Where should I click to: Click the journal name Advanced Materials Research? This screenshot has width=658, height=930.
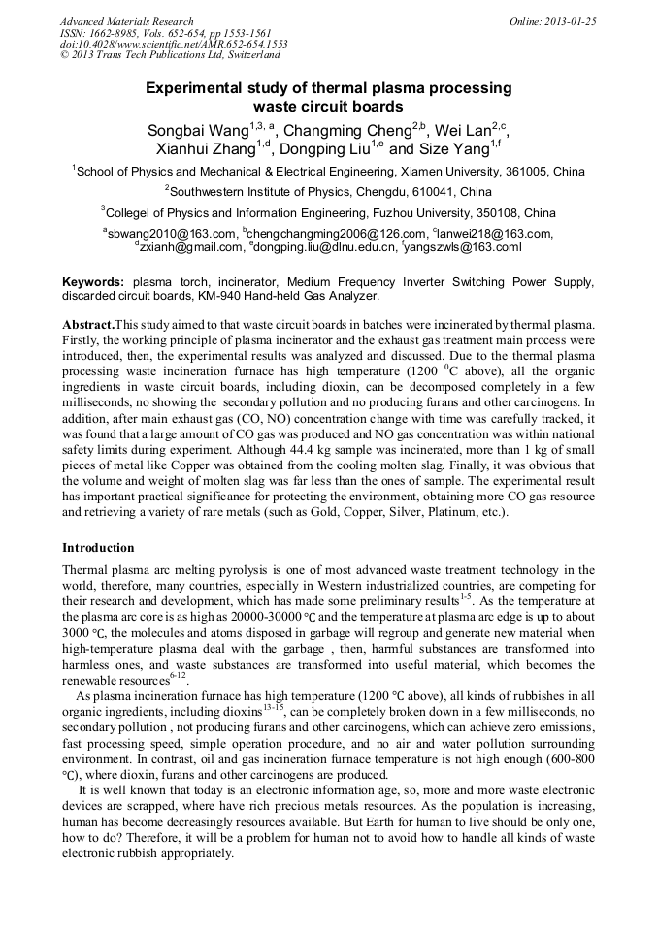click(126, 21)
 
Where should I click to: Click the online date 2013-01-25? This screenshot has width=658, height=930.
click(567, 21)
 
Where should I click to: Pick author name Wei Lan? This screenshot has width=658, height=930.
click(462, 131)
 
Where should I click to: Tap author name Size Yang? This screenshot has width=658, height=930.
click(453, 149)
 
